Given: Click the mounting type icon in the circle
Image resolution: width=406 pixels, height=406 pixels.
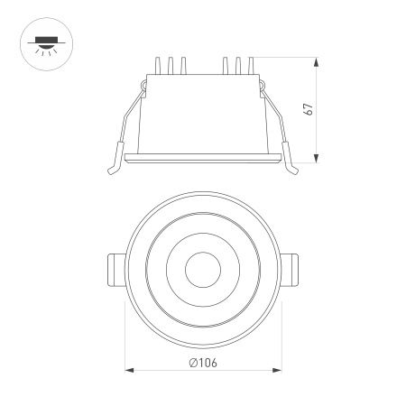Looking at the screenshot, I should pos(39,42).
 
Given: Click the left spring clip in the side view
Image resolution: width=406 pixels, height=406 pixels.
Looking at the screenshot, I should pos(127,126).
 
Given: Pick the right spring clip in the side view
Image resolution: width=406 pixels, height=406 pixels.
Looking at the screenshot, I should pos(278,126).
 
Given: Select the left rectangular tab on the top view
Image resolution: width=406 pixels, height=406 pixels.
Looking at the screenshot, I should pos(115,268).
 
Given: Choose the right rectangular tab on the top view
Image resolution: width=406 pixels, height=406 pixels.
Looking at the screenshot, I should pos(291,268).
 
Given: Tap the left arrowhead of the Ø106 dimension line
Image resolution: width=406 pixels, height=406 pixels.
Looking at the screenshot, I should pos(128,370).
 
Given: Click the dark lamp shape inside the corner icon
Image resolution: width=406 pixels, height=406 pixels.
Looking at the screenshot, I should pos(39,39).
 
